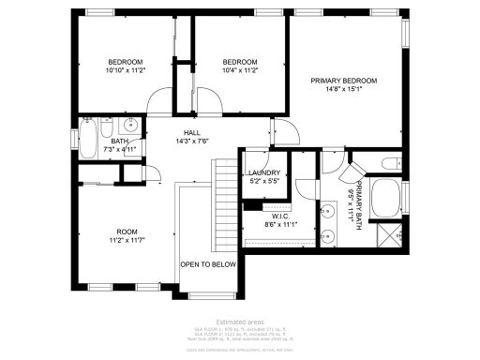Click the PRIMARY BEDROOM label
click(343, 81)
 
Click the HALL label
click(191, 133)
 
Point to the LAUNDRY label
click(263, 173)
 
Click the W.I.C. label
click(280, 215)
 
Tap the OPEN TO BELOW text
click(208, 264)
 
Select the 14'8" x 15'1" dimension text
click(343, 91)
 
